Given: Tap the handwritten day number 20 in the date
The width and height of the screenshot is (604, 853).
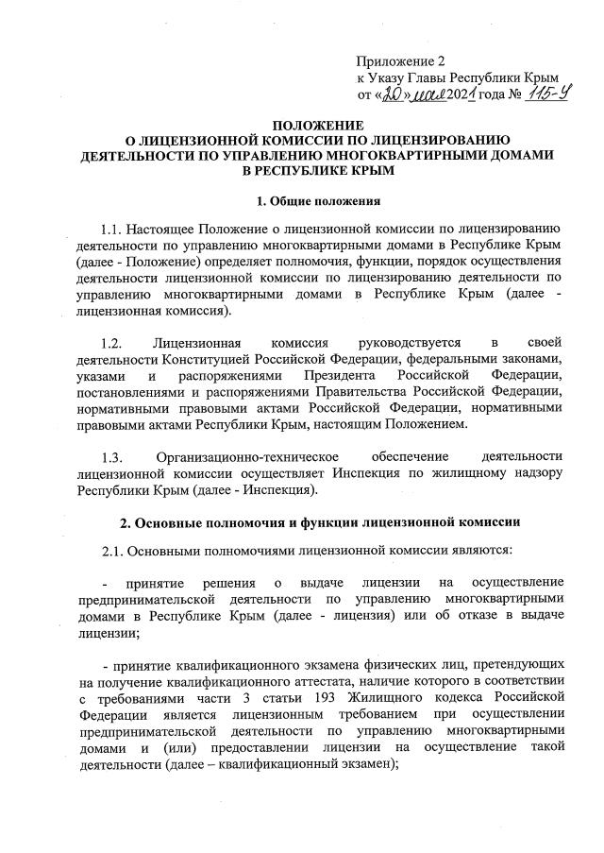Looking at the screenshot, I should tap(393, 94).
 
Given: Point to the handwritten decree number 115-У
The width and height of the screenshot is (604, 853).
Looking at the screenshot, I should tap(539, 94).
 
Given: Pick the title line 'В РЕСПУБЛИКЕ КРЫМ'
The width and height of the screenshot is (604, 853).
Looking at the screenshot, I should tap(303, 169).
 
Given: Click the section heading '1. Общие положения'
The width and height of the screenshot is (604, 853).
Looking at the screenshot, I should tap(303, 200).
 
